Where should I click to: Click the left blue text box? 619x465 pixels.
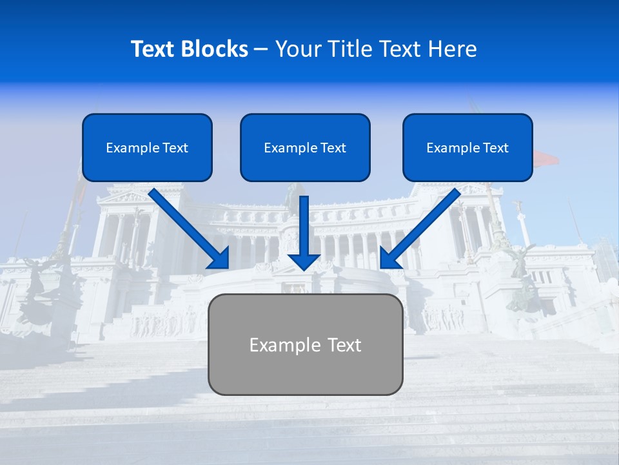click(147, 147)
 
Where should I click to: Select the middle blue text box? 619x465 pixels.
click(305, 147)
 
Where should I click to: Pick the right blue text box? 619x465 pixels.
click(467, 147)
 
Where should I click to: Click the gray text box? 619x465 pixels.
click(305, 344)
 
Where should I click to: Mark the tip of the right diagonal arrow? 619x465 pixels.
click(382, 266)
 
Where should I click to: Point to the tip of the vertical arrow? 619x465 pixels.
click(304, 269)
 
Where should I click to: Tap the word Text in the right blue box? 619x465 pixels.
click(496, 148)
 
